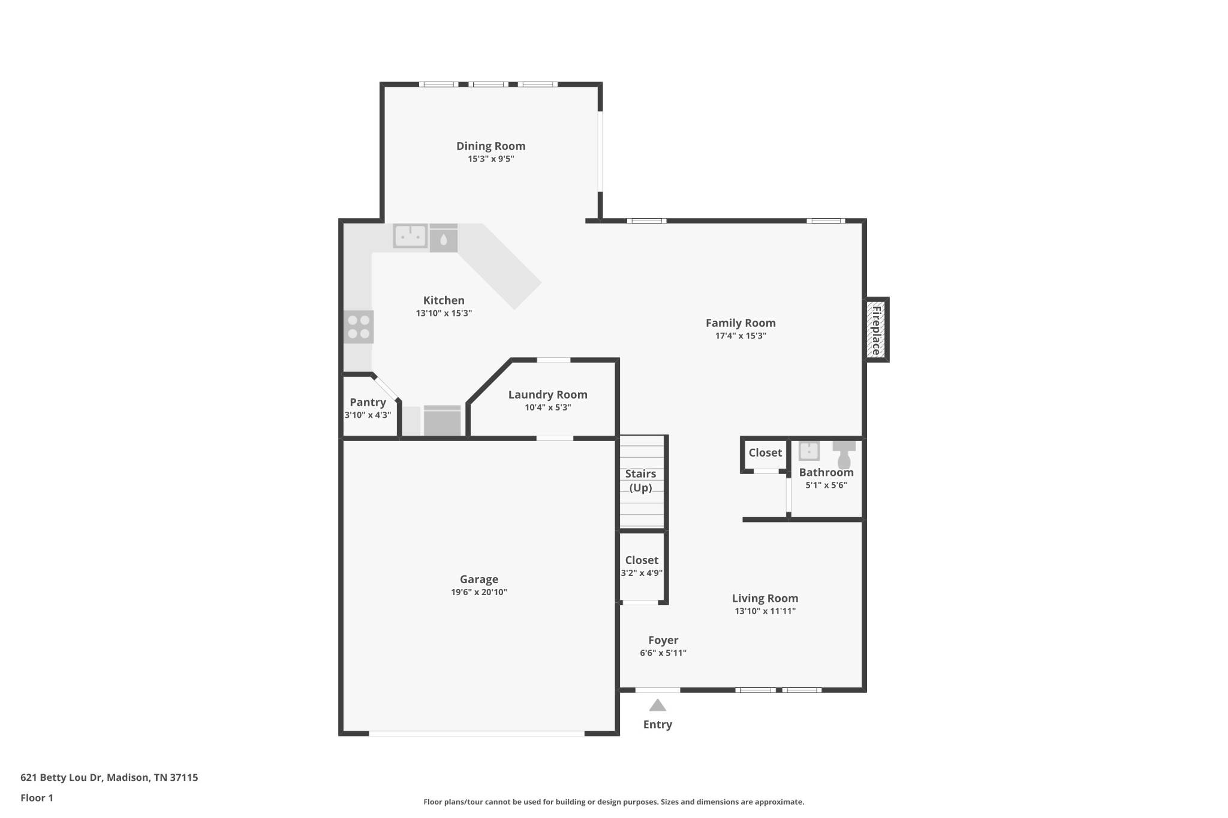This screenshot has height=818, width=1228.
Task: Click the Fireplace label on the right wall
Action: click(x=876, y=330)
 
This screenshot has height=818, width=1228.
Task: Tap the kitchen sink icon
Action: click(x=410, y=236)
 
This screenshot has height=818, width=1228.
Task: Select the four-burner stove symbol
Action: click(x=359, y=327)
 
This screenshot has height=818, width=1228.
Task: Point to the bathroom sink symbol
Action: click(x=809, y=451)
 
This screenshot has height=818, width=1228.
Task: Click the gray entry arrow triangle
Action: click(x=658, y=705)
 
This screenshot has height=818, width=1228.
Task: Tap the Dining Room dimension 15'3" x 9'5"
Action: click(x=491, y=159)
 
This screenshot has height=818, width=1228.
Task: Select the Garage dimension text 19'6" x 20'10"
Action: click(x=479, y=592)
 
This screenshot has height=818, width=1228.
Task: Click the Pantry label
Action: click(x=368, y=402)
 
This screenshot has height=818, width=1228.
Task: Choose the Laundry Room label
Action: click(x=548, y=394)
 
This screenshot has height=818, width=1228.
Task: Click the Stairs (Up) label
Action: click(x=640, y=481)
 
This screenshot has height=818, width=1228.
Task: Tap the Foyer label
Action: click(x=663, y=640)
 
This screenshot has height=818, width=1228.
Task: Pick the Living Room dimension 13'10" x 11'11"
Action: click(x=765, y=611)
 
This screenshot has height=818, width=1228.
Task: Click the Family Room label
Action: click(x=741, y=323)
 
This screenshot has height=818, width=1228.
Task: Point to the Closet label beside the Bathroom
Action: click(x=765, y=452)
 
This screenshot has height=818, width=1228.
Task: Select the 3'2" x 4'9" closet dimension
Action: click(x=642, y=573)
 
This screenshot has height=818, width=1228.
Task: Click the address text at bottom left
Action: click(x=109, y=777)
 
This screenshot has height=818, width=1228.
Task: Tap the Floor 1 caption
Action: click(x=37, y=798)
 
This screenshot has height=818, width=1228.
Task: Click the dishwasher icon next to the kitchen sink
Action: click(x=444, y=238)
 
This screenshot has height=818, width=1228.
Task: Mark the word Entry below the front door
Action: click(x=658, y=725)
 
